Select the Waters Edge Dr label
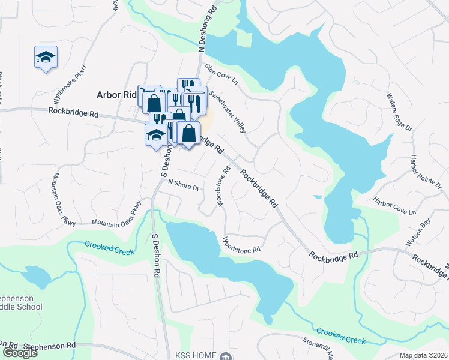tap(400, 112)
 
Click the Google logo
tap(20, 353)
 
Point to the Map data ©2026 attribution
tap(423, 355)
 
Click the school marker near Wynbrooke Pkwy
tap(46, 58)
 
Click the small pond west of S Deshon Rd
tap(37, 276)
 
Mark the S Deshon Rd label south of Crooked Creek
tap(155, 254)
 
